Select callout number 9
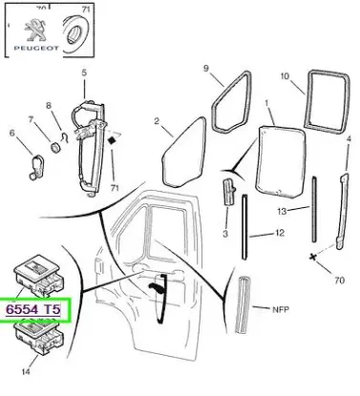pos(205,68)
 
